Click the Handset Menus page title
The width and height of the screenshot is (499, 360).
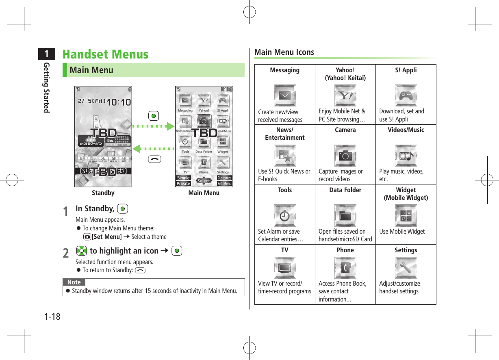(x=105, y=54)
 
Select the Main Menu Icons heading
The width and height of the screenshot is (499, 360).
(x=284, y=52)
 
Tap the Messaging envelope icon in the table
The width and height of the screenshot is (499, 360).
(x=284, y=95)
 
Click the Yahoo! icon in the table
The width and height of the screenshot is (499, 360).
(x=345, y=95)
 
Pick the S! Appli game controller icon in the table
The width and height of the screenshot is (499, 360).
(x=406, y=95)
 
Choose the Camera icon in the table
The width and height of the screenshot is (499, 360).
(x=345, y=155)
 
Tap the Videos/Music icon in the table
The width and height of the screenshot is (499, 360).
(x=406, y=155)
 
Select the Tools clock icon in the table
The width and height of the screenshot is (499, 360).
(x=284, y=215)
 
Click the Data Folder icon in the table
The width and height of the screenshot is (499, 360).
(x=345, y=215)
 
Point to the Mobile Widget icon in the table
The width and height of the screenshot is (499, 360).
(x=406, y=215)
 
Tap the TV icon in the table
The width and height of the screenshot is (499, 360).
(x=284, y=267)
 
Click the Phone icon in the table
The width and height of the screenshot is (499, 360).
(x=345, y=267)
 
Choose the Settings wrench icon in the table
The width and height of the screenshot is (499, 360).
(x=406, y=267)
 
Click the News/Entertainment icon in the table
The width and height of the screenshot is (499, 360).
(x=284, y=155)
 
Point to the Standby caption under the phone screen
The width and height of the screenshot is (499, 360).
(x=103, y=193)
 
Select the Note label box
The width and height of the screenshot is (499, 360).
(x=74, y=282)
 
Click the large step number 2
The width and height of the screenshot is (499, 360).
(x=66, y=253)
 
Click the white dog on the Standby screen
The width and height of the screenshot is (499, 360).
(x=96, y=121)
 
